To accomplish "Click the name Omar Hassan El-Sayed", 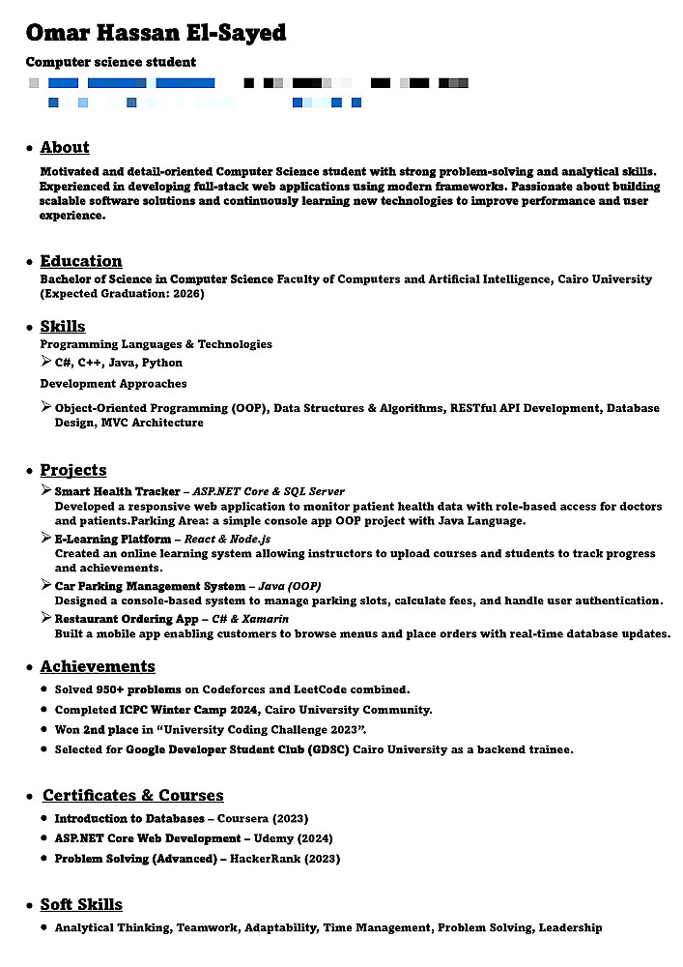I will pyautogui.click(x=156, y=33).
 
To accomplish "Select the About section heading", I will pyautogui.click(x=65, y=148).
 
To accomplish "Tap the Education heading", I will pyautogui.click(x=81, y=261).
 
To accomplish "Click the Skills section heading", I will pyautogui.click(x=63, y=327).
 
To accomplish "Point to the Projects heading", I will pyautogui.click(x=73, y=471).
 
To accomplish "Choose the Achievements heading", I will pyautogui.click(x=98, y=667).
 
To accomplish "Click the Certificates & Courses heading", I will pyautogui.click(x=133, y=796).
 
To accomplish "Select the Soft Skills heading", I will pyautogui.click(x=81, y=905).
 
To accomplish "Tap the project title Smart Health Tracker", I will pyautogui.click(x=117, y=492).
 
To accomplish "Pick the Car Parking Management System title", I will pyautogui.click(x=150, y=587).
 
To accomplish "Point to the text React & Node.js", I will pyautogui.click(x=227, y=540).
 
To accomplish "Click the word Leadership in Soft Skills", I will pyautogui.click(x=570, y=928).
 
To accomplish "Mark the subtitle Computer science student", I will pyautogui.click(x=111, y=63).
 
